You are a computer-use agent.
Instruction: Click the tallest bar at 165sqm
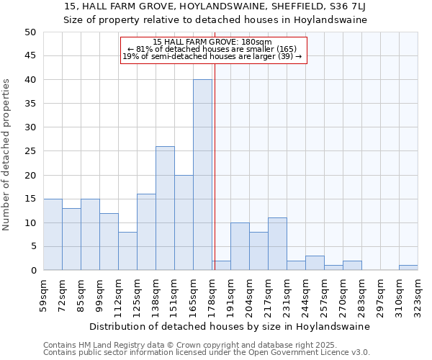[202, 175]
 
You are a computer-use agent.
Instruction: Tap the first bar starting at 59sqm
[53, 235]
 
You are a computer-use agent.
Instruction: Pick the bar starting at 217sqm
[277, 244]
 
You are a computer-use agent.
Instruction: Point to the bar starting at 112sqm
[127, 251]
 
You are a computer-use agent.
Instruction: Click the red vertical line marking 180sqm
[215, 180]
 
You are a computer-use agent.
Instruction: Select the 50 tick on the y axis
[30, 32]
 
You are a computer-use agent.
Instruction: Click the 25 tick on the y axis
[30, 151]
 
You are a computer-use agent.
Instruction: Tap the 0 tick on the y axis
[32, 271]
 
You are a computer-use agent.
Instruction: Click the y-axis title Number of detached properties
[6, 155]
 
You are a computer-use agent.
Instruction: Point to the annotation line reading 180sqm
[213, 42]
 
